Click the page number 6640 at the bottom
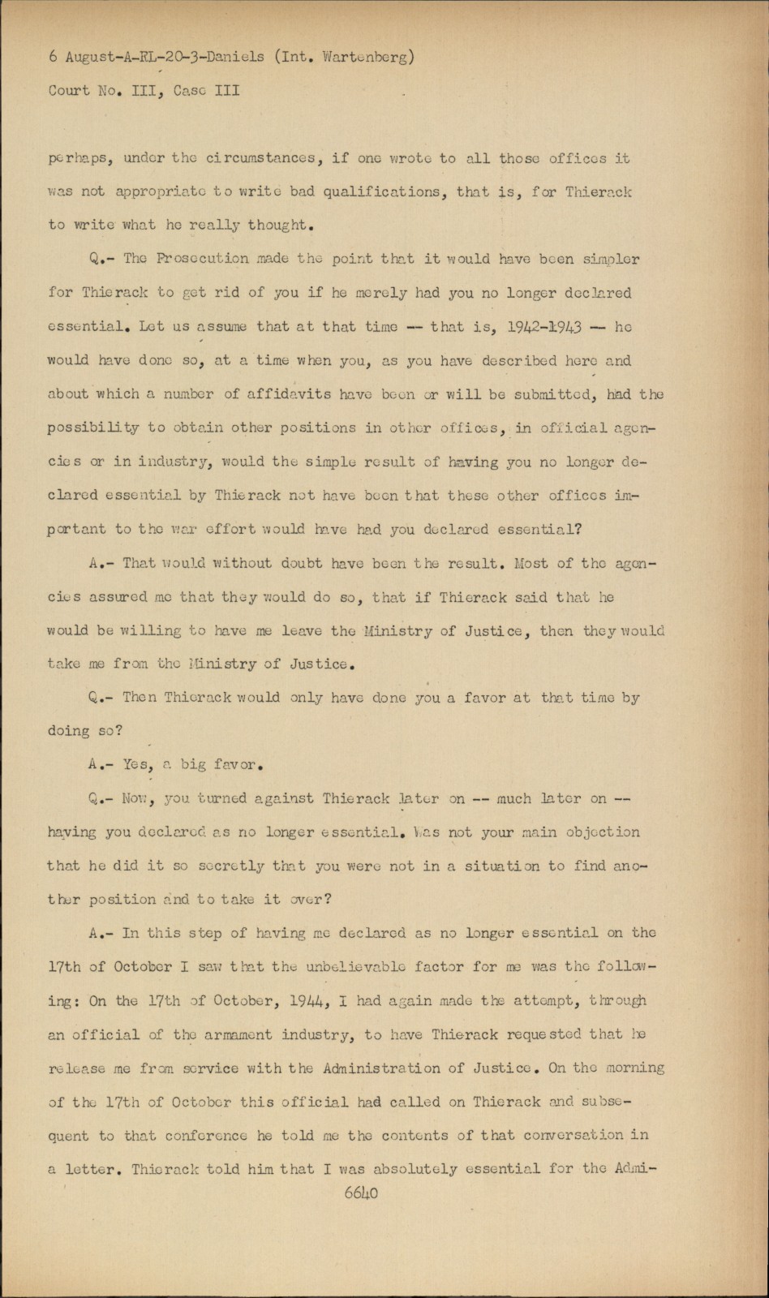(x=361, y=1193)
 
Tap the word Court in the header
(x=69, y=91)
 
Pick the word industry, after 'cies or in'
(x=183, y=462)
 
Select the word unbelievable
(x=363, y=967)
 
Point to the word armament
(x=238, y=1034)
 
